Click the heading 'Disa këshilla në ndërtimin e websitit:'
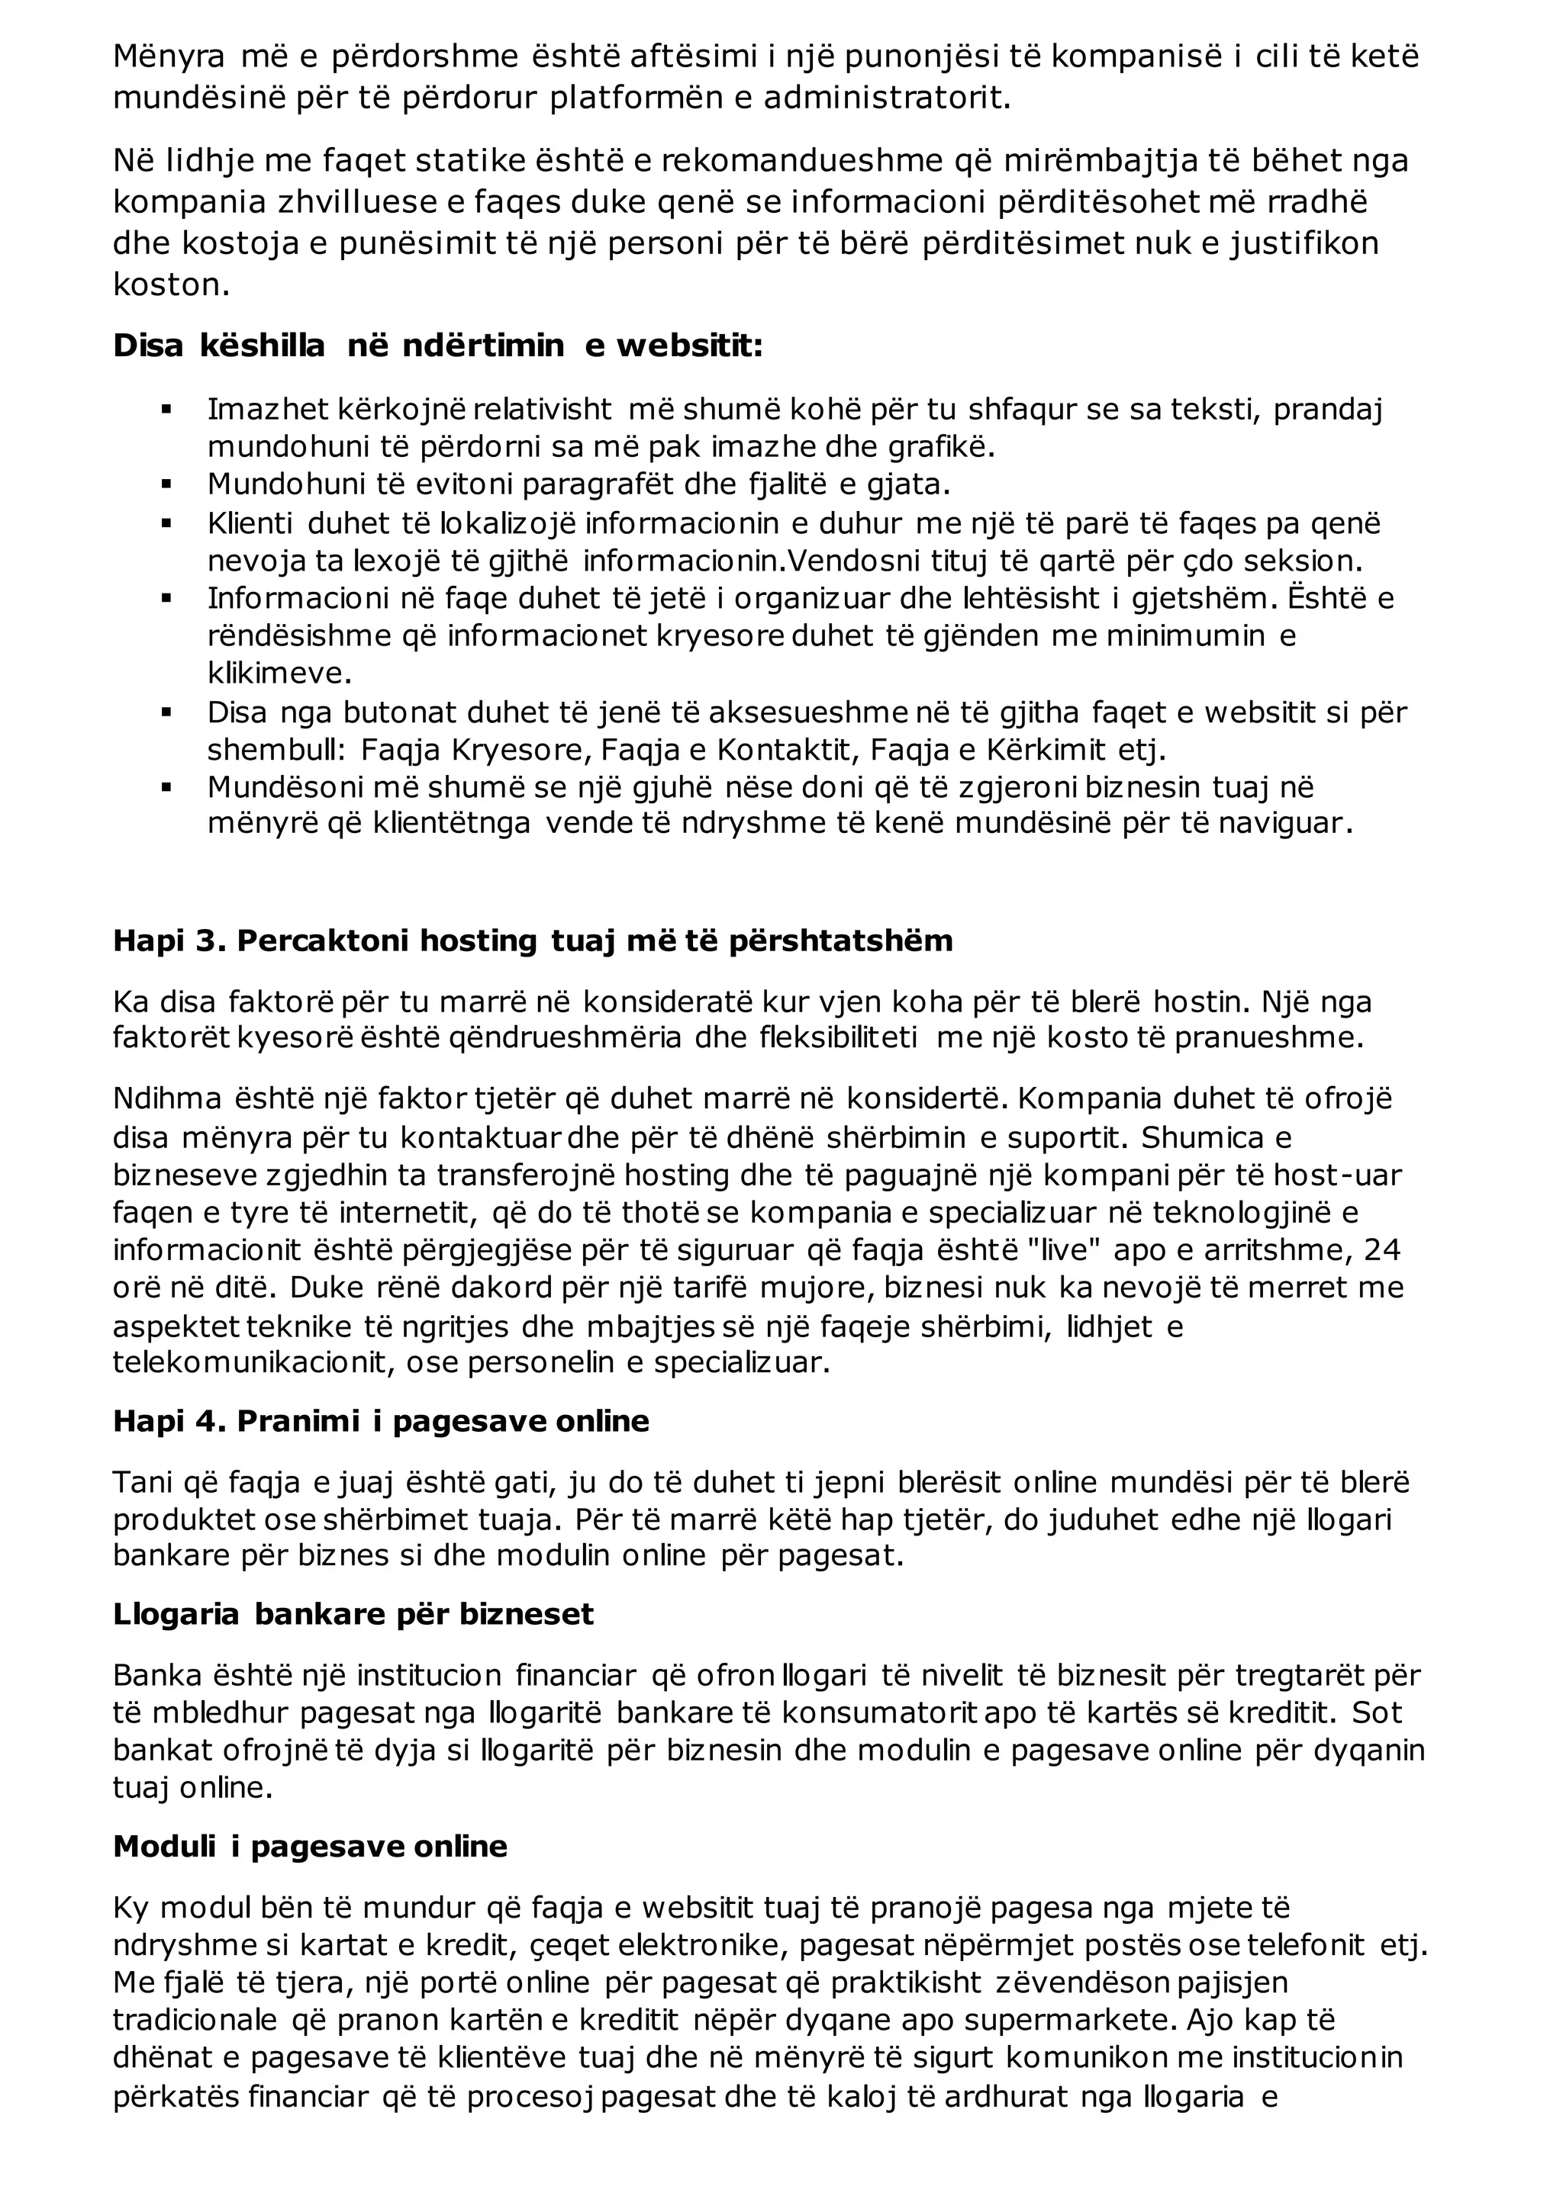tap(438, 346)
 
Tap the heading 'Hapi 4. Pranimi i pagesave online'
tap(381, 1421)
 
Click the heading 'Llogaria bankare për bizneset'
tap(353, 1613)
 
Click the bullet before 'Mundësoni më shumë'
tap(166, 788)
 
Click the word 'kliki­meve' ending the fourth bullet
tap(280, 673)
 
